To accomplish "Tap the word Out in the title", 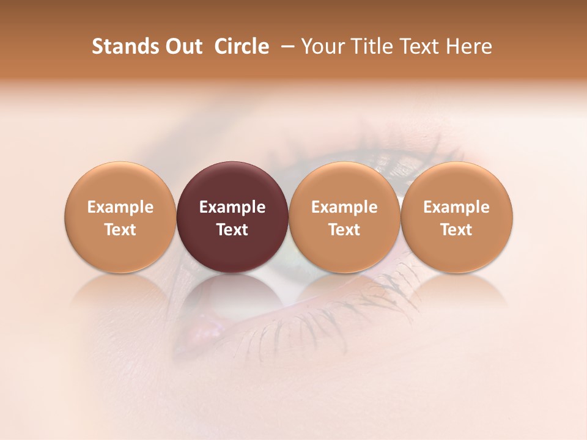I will point(182,46).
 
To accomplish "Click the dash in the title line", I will point(285,46).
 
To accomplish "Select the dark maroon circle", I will point(232,217).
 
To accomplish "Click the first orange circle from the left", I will point(120,217).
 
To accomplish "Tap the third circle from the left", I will point(344,217).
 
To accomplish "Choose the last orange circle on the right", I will point(456,217).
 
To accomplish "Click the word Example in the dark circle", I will point(232,207).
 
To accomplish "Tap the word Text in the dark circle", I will point(232,230).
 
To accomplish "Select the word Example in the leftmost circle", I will point(120,207).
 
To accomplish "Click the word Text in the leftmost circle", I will point(120,230).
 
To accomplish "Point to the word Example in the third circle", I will point(344,207).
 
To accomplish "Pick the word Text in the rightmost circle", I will point(456,230).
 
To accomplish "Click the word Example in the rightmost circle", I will point(456,207).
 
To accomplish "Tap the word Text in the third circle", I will point(344,230).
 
